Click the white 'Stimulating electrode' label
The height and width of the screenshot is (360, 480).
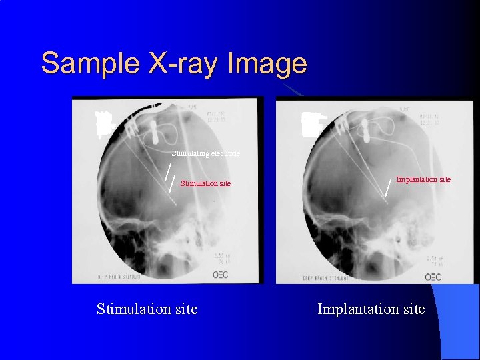206,153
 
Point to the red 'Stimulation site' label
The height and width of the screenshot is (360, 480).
206,183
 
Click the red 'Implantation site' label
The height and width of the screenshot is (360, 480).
423,179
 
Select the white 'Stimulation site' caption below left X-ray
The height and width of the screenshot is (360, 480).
147,309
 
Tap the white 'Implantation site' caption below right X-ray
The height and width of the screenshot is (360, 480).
371,309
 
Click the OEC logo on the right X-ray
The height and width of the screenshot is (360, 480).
433,276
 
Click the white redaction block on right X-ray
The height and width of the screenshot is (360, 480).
311,125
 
